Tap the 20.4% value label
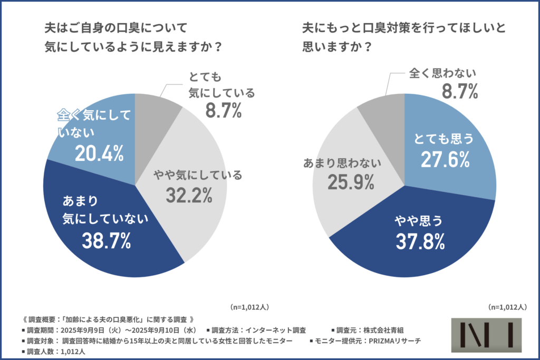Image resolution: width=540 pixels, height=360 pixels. (99, 153)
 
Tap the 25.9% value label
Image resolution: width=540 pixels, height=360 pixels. (351, 182)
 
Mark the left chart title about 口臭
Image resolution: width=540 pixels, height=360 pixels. (132, 36)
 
